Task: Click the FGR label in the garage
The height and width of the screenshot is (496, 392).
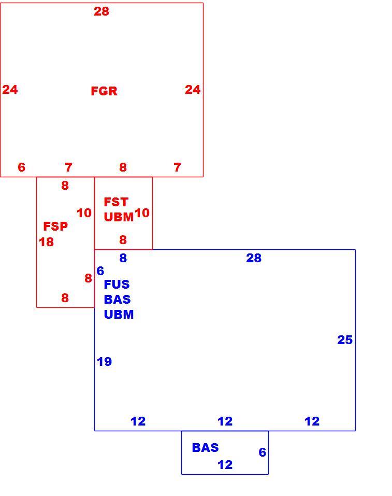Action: (104, 91)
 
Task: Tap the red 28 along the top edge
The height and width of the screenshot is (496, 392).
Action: (101, 11)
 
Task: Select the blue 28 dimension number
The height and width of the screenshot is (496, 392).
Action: (254, 258)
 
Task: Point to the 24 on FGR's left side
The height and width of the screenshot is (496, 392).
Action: (10, 90)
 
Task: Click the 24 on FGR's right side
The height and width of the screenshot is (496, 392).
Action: (193, 90)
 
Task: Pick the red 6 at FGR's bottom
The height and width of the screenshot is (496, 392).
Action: (22, 167)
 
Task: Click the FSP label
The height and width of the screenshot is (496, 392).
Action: (55, 226)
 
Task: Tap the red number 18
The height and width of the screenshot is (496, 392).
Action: (46, 242)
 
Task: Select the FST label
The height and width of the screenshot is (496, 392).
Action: (116, 202)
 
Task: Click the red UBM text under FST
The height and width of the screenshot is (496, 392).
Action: (119, 217)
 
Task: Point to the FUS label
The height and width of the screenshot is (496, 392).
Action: (117, 285)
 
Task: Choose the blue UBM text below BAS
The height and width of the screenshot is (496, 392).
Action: (119, 315)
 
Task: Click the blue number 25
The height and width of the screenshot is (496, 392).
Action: (345, 339)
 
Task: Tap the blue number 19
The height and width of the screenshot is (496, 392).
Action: (104, 362)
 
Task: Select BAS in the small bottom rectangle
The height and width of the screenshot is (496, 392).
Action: (205, 448)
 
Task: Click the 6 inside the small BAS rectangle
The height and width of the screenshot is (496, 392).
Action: (263, 452)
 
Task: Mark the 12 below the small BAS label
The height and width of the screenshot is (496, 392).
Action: (225, 465)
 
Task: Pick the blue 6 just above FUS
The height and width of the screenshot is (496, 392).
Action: (100, 271)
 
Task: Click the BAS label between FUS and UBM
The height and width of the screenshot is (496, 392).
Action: (117, 299)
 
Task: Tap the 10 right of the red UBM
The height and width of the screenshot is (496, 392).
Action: (142, 213)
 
